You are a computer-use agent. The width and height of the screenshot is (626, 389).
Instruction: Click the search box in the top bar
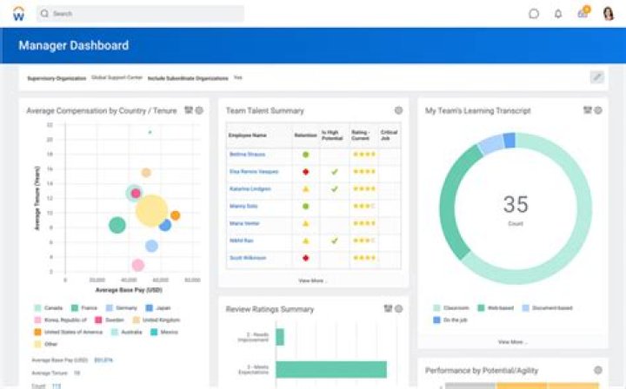[x=139, y=14]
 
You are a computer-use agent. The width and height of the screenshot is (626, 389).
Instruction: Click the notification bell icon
[x=558, y=14]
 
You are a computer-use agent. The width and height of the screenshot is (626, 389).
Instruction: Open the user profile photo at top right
[x=608, y=14]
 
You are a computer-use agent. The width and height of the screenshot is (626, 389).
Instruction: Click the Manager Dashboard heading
[x=74, y=45]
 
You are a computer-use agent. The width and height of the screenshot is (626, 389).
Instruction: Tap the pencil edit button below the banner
[x=596, y=77]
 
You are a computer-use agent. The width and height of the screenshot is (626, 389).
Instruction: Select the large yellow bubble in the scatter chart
[x=151, y=210]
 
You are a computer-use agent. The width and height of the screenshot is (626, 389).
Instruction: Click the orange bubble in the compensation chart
[x=175, y=215]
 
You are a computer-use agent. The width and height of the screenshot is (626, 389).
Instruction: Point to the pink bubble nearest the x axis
[x=137, y=265]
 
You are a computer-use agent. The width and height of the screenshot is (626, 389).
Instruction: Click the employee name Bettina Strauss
[x=247, y=154]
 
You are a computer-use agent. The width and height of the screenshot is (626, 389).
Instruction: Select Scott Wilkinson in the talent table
[x=249, y=258]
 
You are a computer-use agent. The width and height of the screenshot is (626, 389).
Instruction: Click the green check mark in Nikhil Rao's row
[x=334, y=241]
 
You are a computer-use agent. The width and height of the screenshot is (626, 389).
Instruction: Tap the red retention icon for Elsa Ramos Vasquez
[x=306, y=171]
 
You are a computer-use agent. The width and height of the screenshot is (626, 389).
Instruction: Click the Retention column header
[x=305, y=135]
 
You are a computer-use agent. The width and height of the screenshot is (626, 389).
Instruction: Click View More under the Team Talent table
[x=312, y=280]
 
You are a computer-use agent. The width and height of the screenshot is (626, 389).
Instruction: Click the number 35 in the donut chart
[x=516, y=205]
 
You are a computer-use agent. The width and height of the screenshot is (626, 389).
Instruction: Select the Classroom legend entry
[x=456, y=307]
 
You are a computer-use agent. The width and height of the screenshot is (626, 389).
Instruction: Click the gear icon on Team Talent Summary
[x=398, y=110]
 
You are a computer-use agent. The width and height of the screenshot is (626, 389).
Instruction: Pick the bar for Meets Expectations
[x=331, y=369]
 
